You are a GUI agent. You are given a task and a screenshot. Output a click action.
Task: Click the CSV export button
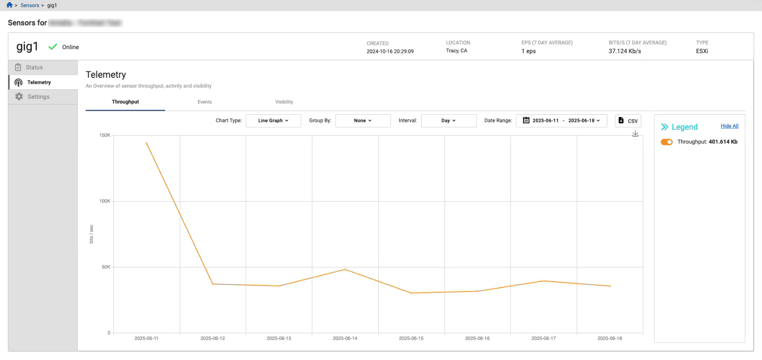click(x=628, y=121)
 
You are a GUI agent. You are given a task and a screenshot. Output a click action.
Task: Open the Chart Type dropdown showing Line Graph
click(x=273, y=121)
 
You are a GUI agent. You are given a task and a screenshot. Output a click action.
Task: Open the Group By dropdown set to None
click(x=363, y=121)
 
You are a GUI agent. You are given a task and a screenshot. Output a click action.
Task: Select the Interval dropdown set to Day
click(x=448, y=121)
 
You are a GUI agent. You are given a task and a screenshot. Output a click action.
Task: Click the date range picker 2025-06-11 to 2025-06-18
click(x=561, y=121)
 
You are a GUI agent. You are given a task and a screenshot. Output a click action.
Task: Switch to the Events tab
click(x=204, y=102)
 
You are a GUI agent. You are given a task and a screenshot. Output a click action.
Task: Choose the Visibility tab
click(x=284, y=102)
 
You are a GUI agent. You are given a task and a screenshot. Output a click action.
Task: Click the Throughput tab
click(x=125, y=102)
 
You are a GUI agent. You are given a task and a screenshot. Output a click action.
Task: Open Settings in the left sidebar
click(x=38, y=97)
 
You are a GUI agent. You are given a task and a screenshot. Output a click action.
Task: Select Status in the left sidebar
click(x=34, y=67)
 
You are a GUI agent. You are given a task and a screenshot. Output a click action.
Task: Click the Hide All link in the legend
click(x=729, y=126)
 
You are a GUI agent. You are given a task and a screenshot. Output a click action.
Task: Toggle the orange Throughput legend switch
click(x=666, y=142)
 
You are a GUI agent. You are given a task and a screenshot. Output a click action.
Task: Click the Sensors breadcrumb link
click(x=30, y=5)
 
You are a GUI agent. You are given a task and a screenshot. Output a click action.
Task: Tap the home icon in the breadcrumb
click(x=10, y=5)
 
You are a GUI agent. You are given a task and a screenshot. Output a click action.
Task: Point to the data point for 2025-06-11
click(x=147, y=143)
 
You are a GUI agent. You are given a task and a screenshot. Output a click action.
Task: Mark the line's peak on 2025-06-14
click(x=345, y=269)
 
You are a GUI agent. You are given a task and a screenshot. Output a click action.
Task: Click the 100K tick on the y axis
click(x=105, y=201)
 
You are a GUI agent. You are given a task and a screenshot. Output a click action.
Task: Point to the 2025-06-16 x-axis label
click(x=477, y=339)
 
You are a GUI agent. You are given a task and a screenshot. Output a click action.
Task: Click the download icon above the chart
click(x=635, y=134)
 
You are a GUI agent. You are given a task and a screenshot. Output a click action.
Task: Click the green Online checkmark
click(x=53, y=47)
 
